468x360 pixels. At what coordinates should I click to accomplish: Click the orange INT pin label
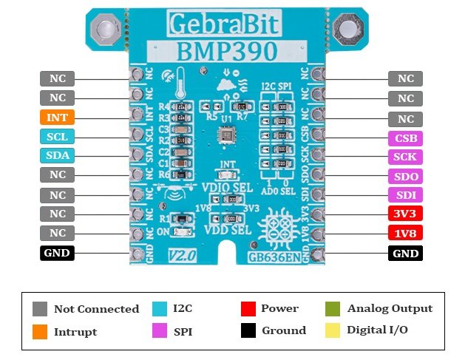point(57,118)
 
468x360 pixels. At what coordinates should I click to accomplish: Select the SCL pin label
point(57,137)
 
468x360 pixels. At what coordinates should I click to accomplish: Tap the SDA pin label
point(57,156)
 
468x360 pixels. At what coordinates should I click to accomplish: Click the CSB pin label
point(405,137)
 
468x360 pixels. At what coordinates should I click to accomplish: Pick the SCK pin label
point(405,157)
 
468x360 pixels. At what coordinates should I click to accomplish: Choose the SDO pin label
point(405,177)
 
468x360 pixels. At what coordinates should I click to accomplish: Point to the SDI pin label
point(405,196)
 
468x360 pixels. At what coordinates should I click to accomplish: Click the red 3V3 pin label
point(405,214)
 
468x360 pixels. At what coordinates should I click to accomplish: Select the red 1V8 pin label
point(405,234)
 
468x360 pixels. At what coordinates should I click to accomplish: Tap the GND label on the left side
point(57,254)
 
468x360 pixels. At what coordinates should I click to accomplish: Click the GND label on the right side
point(405,254)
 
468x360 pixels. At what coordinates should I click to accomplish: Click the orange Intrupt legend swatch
point(40,331)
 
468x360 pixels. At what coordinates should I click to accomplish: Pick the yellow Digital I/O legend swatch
point(333,330)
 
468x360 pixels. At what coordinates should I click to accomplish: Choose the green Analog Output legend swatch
point(333,308)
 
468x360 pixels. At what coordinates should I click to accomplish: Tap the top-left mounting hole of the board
point(104,30)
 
